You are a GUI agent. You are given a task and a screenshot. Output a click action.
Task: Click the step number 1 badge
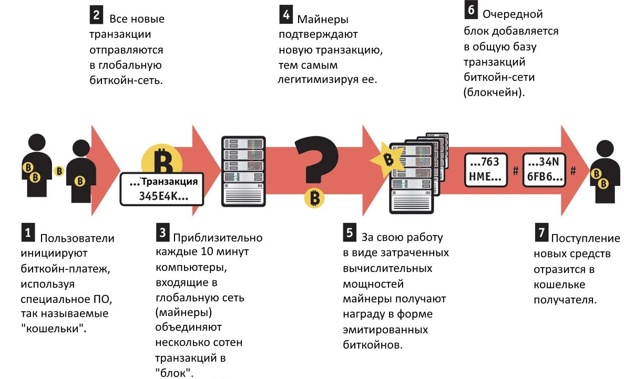click(28, 233)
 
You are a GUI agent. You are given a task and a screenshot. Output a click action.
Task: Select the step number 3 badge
click(163, 233)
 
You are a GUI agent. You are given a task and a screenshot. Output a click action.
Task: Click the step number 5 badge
click(350, 233)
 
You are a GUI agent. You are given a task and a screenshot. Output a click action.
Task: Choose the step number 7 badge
click(541, 233)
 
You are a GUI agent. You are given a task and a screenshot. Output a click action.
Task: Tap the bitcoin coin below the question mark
click(314, 198)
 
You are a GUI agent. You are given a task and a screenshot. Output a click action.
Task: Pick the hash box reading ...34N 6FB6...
click(544, 170)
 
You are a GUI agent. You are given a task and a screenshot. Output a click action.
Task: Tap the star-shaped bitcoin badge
click(388, 159)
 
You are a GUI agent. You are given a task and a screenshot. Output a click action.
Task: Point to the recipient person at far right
click(605, 171)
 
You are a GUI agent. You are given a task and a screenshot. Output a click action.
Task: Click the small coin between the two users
click(60, 171)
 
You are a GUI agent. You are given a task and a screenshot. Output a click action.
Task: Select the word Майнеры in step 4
click(323, 20)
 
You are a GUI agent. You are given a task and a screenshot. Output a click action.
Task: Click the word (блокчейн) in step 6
click(494, 92)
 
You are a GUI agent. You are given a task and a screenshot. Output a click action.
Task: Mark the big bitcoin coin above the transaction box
click(161, 160)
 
